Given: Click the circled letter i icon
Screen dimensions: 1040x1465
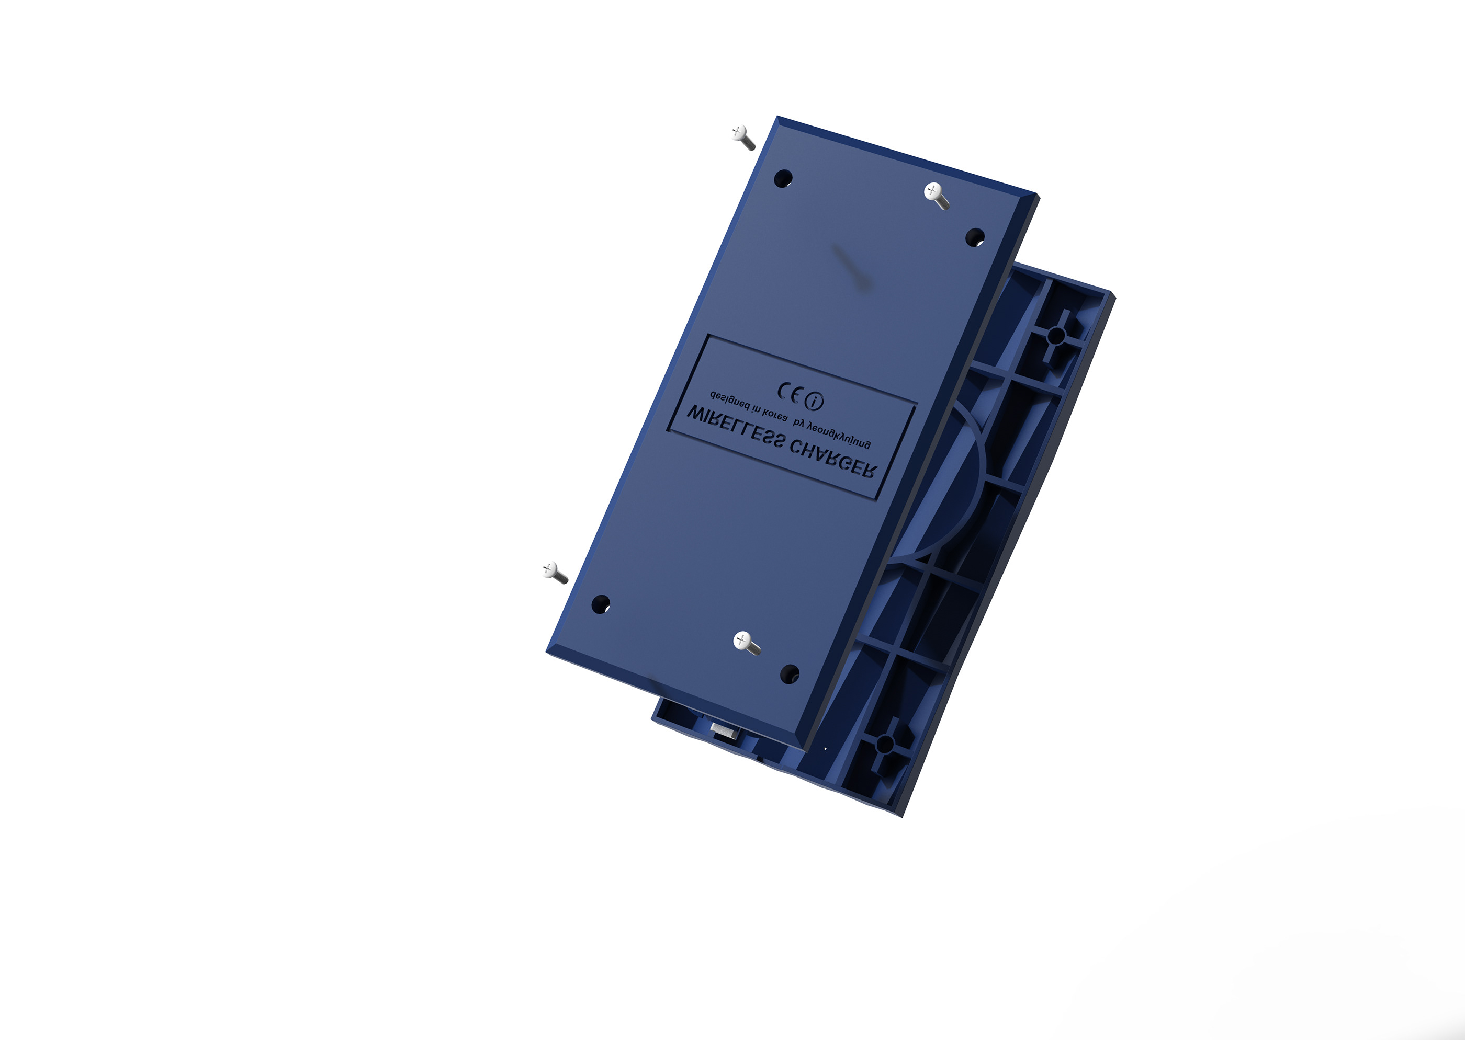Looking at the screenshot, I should pos(814,402).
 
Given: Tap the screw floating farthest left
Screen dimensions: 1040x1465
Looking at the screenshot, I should pos(554,572).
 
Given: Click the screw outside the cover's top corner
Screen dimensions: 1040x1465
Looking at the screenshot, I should pos(743,137).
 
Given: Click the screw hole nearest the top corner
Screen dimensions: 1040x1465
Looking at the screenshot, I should pos(783,178).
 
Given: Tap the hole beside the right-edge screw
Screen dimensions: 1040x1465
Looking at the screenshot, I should pos(975,237).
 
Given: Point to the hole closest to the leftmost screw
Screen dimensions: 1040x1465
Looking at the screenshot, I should pos(601,604).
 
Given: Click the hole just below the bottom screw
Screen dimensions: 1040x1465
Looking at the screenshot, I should pos(790,673).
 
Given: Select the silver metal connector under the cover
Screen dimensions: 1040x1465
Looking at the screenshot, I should pos(724,730).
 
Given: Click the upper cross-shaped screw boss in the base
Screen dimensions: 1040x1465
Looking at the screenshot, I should pos(1057,334).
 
